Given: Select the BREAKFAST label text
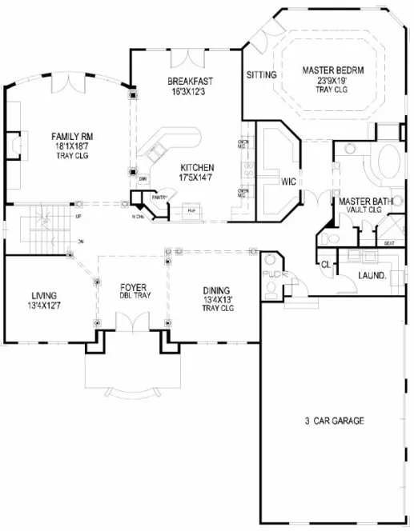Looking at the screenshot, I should pyautogui.click(x=189, y=82).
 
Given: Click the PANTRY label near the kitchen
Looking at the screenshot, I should pyautogui.click(x=159, y=194).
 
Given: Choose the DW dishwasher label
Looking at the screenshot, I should pyautogui.click(x=142, y=178).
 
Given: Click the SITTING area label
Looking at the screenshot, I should pyautogui.click(x=261, y=75).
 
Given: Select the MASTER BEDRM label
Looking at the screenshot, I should pyautogui.click(x=329, y=70).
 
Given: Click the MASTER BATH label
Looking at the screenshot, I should pyautogui.click(x=365, y=202).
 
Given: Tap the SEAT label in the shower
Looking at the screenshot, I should pyautogui.click(x=389, y=242).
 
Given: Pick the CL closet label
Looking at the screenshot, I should pyautogui.click(x=326, y=263).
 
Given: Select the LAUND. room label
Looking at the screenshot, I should pyautogui.click(x=372, y=275).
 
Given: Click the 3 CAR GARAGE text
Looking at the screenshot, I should pyautogui.click(x=335, y=420).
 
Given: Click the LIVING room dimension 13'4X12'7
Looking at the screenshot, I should pyautogui.click(x=46, y=304).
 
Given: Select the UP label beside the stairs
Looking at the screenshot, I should pyautogui.click(x=78, y=217).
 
